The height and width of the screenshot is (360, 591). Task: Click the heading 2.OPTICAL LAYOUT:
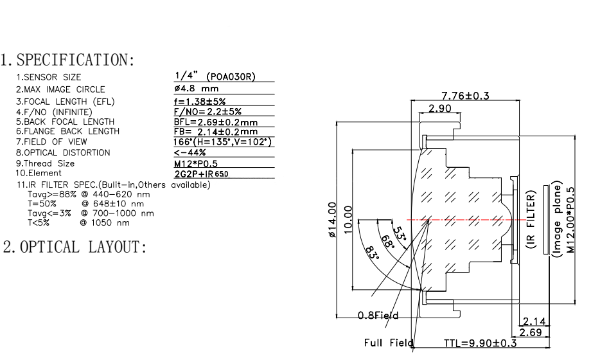pos(76,247)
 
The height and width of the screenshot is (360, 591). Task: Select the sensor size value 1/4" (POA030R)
pos(215,77)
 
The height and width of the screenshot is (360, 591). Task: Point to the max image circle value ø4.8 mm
pos(197,88)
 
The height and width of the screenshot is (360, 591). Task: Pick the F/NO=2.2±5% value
pos(199,112)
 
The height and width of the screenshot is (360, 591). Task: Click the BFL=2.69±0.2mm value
pos(216,122)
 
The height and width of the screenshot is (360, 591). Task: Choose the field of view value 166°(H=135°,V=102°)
pos(224,141)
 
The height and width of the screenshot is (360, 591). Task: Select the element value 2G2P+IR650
pos(202,174)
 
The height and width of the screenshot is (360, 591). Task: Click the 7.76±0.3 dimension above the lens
pos(465,96)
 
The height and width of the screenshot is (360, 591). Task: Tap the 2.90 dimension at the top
pos(440,109)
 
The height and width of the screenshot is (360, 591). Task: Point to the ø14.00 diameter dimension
pos(332,221)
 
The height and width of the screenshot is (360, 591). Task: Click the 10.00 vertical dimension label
pos(348,221)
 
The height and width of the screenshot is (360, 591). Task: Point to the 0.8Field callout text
pos(378,316)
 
